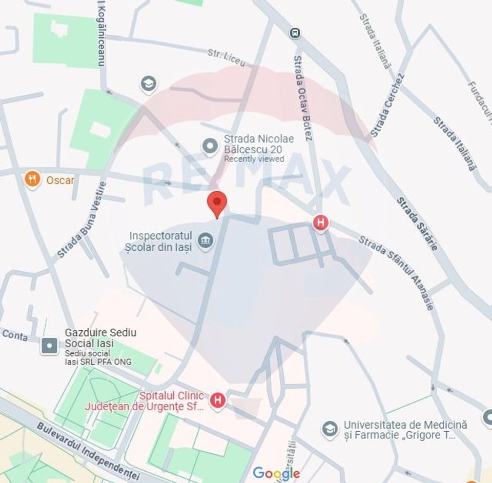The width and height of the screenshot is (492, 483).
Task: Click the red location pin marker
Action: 217,203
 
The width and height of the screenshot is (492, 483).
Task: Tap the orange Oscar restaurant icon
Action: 32,179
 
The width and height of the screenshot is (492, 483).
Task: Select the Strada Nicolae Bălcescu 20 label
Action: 259,144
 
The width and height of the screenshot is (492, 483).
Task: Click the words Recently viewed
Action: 254,159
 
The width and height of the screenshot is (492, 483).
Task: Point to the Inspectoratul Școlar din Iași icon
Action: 206,241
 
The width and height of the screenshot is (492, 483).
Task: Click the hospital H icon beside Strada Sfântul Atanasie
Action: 321,223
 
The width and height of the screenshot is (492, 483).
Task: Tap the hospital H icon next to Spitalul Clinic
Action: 218,400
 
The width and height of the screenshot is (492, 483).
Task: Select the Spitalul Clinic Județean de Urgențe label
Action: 172,401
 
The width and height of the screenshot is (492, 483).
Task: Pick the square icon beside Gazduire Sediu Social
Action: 50,346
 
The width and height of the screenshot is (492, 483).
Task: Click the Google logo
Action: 276,473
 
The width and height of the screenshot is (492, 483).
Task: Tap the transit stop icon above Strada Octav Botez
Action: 295,33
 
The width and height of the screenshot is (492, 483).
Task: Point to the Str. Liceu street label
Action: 227,57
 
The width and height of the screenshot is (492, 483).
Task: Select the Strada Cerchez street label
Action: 388,105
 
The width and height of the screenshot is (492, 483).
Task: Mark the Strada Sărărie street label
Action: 417,224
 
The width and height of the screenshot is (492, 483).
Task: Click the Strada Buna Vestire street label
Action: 82,220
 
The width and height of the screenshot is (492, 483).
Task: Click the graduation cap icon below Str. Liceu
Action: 149,84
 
